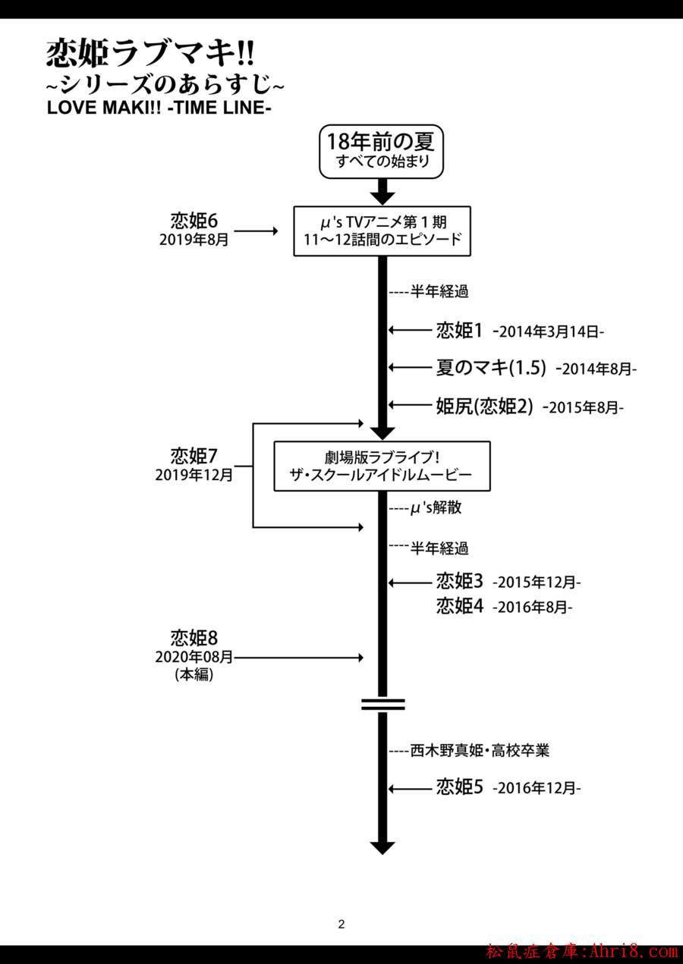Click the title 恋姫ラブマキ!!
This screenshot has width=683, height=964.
coord(150,55)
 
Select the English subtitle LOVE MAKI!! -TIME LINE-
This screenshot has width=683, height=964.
coord(159,107)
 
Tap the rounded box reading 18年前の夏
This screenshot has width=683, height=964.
coord(380,150)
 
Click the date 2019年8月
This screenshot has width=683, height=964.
coord(194,240)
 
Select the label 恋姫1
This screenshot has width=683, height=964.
coord(460,330)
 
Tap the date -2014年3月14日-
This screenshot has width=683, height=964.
coord(547,331)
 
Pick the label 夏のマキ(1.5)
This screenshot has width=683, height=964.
coord(491,368)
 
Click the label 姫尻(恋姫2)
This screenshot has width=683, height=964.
coord(486,407)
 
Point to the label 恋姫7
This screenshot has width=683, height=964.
coord(194,455)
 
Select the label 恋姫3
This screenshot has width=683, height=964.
coord(460,582)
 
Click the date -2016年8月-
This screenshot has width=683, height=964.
coord(532,608)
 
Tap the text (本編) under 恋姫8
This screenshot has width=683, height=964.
coord(194,675)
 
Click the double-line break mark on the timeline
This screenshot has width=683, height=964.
coord(382,704)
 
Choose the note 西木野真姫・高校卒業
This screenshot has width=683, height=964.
coord(479,751)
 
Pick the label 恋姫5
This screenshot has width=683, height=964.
coord(460,787)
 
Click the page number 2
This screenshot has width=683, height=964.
coord(341,924)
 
